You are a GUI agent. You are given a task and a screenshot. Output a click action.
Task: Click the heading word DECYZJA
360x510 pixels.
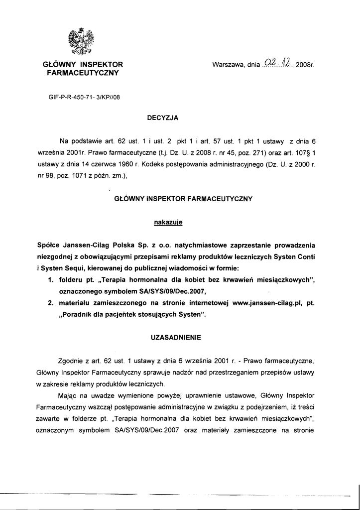[x=162, y=118]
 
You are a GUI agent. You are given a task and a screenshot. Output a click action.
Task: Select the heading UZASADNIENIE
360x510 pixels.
[x=176, y=337]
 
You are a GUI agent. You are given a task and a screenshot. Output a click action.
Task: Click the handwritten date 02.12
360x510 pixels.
[x=278, y=63]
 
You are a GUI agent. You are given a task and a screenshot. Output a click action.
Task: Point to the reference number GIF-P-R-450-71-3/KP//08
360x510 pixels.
[x=84, y=97]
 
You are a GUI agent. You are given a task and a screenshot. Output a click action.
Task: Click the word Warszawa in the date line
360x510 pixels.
[x=229, y=65]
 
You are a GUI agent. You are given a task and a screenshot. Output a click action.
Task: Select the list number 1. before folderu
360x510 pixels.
[x=51, y=280]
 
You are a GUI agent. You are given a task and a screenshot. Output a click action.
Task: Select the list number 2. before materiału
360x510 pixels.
[x=51, y=302]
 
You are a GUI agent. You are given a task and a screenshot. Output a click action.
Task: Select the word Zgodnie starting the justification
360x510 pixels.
[x=72, y=360]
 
